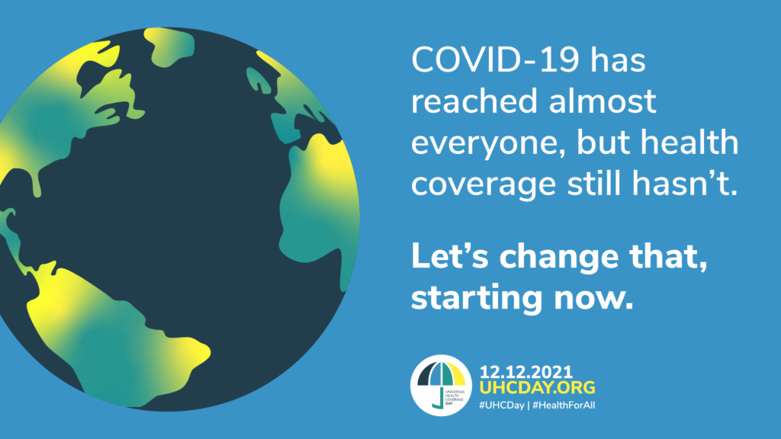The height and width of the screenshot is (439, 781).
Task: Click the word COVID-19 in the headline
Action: pos(495,59)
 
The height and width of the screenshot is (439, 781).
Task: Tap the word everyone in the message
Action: pos(487,144)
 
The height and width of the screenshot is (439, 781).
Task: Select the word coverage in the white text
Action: pos(483,185)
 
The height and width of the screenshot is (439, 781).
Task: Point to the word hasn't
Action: pos(685,182)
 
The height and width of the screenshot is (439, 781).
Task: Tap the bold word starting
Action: pos(476,299)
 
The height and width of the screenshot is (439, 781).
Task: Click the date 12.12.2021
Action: pos(526,372)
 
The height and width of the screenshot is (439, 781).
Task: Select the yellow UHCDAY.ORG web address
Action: pos(538,387)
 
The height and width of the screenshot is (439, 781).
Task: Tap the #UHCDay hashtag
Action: pos(502,405)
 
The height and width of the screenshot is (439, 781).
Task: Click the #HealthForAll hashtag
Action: pos(564,405)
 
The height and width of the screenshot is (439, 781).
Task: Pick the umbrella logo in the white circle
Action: pos(441,385)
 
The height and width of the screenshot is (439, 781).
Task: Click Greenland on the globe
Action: pos(169,46)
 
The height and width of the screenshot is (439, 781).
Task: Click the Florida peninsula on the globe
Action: pos(36,185)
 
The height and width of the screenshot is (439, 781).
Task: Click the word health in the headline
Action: pos(689,142)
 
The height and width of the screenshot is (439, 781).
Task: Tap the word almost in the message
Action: pos(603,101)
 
